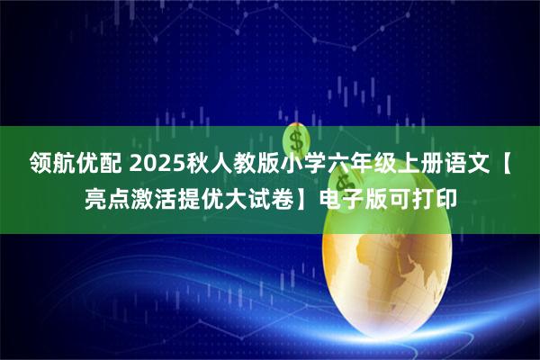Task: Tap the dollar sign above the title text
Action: (x=297, y=139)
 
